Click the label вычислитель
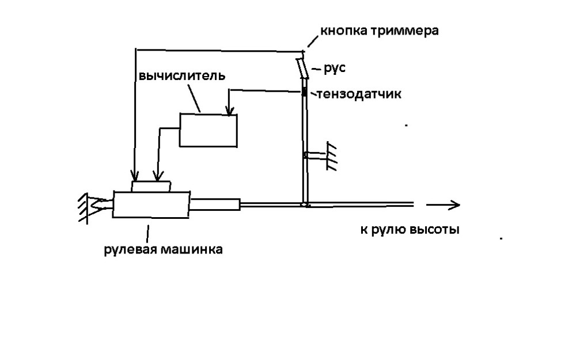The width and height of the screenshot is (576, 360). click(173, 76)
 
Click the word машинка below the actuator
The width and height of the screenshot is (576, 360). click(190, 249)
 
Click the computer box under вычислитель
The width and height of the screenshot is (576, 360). click(209, 130)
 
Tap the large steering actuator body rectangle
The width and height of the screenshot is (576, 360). click(151, 204)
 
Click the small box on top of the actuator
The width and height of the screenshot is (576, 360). click(151, 187)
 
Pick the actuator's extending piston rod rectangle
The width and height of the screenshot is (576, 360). click(215, 204)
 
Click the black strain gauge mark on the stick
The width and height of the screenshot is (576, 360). click(305, 93)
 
